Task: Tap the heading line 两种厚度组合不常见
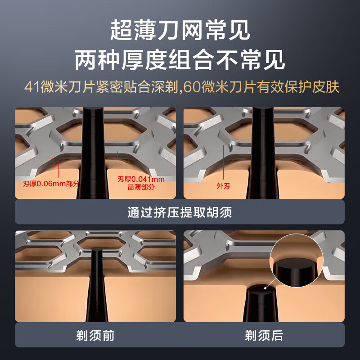(180, 59)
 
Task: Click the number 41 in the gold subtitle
(32, 86)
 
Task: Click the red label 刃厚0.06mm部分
(51, 184)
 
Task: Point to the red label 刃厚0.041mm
(141, 179)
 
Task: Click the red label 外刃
(223, 185)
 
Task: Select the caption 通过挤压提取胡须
(180, 212)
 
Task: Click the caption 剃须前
(95, 335)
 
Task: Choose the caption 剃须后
(264, 335)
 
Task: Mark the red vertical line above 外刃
(223, 162)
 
